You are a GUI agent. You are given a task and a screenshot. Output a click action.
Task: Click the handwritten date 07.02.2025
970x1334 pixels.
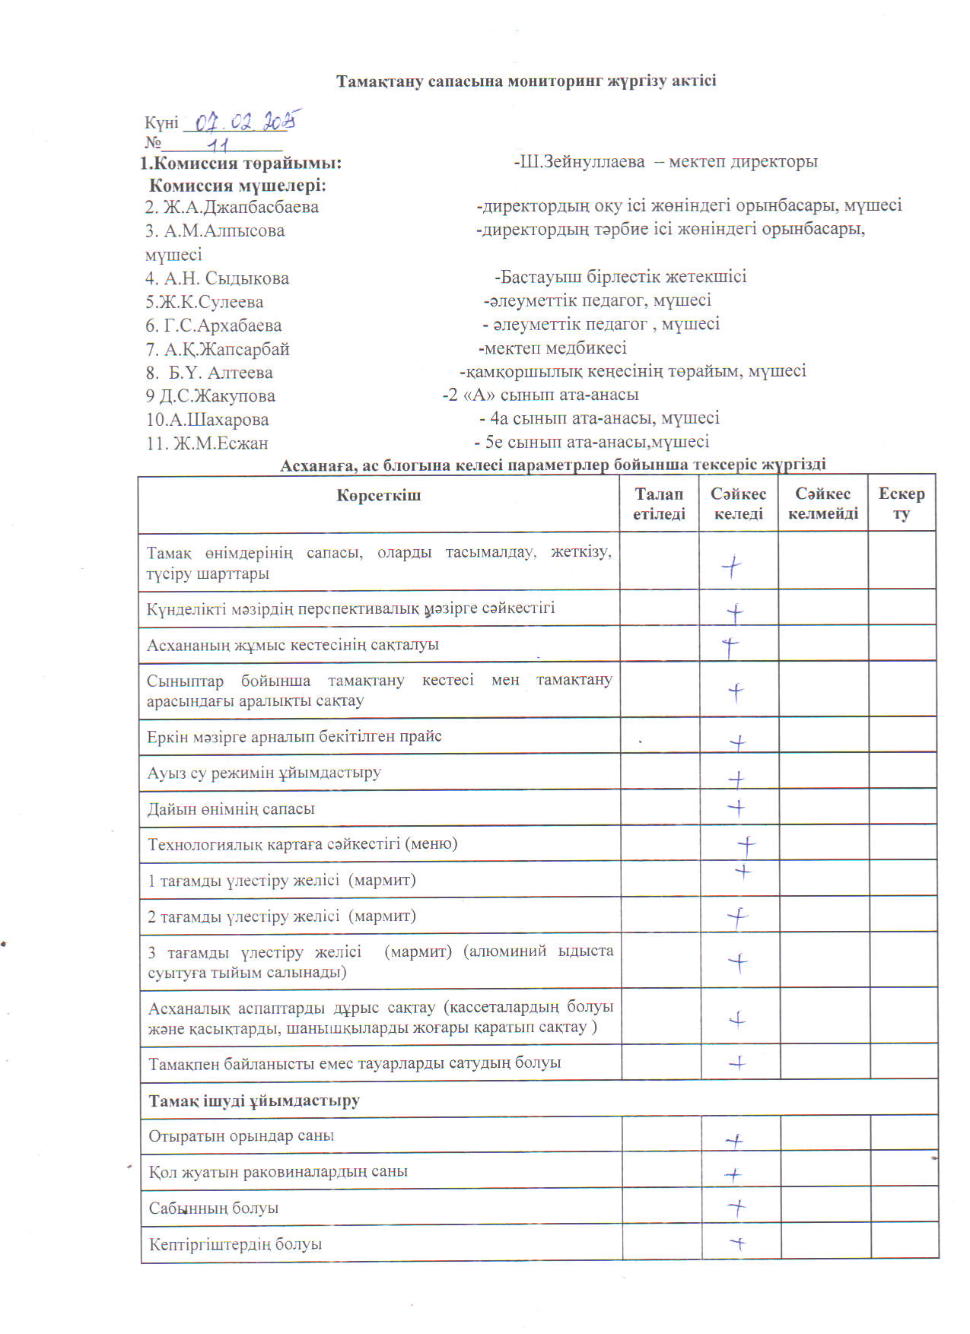(245, 121)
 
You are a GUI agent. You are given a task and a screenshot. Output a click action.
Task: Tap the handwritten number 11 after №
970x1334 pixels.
(218, 144)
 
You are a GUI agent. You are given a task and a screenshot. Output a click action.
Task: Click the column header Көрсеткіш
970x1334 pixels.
(378, 496)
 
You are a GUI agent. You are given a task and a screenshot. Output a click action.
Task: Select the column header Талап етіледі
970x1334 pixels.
(659, 503)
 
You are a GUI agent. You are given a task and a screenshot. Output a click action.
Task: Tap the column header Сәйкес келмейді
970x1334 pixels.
(822, 503)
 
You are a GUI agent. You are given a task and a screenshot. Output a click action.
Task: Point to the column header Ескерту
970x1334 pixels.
(902, 503)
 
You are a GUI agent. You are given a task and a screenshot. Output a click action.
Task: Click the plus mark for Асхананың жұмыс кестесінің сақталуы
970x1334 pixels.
(730, 647)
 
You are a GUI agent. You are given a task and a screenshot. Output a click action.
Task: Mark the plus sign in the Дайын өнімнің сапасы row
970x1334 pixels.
(736, 808)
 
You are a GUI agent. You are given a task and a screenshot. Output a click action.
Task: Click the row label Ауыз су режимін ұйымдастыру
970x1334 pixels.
(264, 773)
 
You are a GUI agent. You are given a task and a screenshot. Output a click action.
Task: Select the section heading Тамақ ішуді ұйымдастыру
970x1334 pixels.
(254, 1101)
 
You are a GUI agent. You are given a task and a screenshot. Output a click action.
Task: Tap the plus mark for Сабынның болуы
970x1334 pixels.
(736, 1207)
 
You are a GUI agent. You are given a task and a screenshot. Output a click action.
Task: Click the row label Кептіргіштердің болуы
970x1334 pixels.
(235, 1244)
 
